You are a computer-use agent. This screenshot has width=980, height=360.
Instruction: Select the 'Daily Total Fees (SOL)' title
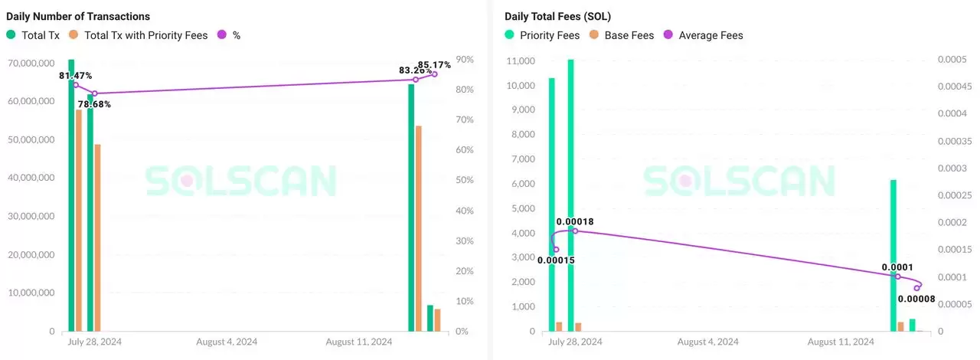(557, 16)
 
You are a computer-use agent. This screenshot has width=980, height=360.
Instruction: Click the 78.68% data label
(94, 104)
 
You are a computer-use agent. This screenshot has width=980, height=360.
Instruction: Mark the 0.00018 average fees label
(575, 222)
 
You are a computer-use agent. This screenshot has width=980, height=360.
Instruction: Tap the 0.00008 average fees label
(916, 299)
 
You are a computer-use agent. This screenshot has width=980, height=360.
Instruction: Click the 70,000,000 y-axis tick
(31, 62)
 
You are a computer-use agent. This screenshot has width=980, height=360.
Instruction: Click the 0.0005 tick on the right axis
(953, 60)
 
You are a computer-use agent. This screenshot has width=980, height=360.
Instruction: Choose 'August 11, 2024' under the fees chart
(841, 342)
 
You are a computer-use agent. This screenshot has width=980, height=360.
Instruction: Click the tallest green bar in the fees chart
(570, 195)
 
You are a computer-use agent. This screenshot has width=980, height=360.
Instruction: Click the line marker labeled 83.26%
(416, 80)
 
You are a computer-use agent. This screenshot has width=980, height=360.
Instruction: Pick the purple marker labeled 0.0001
(898, 277)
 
